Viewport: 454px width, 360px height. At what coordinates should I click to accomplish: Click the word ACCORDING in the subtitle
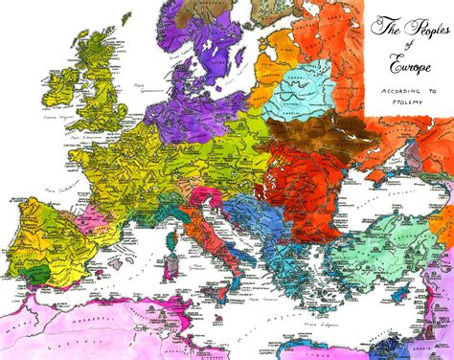392,82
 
